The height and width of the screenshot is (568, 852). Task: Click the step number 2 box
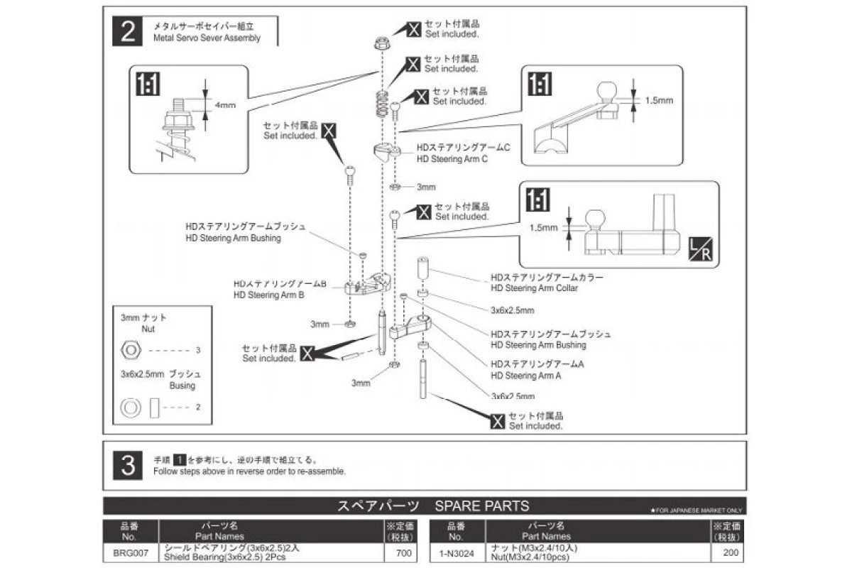129,32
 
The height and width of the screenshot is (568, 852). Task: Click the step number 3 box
129,465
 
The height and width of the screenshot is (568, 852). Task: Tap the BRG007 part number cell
130,552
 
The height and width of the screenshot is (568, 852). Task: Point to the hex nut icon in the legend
131,350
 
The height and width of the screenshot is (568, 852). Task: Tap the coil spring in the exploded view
383,103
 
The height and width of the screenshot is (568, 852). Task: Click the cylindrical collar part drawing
422,270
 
